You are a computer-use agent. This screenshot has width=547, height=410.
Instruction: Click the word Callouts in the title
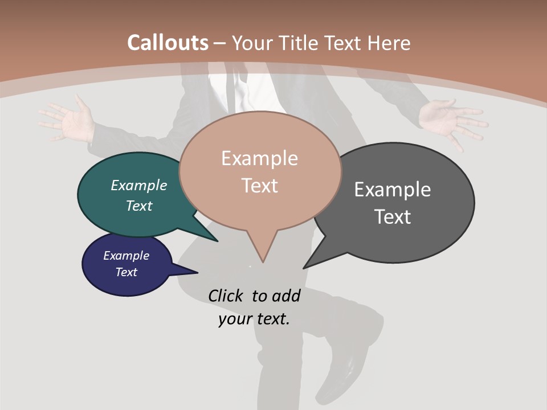[x=168, y=43]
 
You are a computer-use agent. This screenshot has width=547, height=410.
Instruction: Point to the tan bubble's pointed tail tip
[x=263, y=261]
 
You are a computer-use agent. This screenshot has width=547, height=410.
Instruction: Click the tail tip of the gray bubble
[x=304, y=268]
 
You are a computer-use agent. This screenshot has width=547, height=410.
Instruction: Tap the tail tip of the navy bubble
[x=197, y=273]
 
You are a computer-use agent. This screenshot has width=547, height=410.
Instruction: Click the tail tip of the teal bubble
[x=217, y=241]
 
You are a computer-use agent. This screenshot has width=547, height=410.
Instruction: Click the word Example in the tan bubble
[x=259, y=158]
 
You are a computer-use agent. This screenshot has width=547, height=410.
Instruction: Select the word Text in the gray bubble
[x=393, y=217]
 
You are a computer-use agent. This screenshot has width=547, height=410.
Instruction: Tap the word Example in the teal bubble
[x=139, y=185]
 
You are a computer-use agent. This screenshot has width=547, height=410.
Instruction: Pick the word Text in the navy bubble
[x=126, y=272]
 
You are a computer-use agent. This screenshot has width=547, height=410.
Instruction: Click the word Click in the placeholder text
[x=226, y=296]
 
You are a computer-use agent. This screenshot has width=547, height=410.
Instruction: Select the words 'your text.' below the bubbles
[x=254, y=319]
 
